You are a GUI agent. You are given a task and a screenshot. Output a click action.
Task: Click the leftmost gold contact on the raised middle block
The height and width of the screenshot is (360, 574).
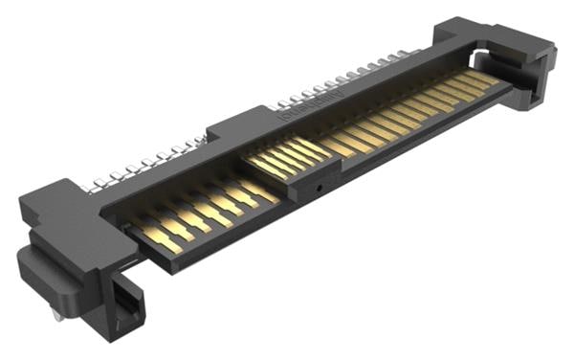258,164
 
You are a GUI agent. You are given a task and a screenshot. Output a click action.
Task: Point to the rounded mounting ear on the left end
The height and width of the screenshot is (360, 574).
38,273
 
